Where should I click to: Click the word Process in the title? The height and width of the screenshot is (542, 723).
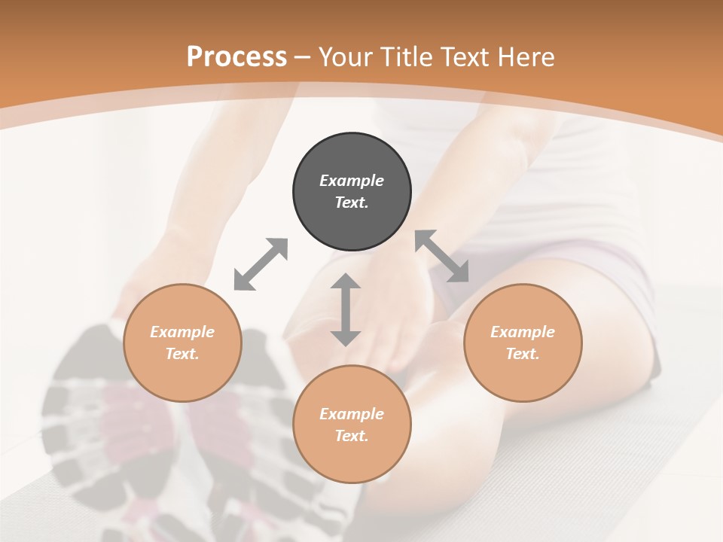236,57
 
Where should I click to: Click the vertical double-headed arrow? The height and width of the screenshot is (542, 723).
346,309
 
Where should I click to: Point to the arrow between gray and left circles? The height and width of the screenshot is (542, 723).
261,264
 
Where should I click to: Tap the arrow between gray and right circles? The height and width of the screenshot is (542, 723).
442,256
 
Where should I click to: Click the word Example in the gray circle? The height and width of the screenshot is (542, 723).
352,181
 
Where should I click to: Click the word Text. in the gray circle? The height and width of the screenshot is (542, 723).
352,202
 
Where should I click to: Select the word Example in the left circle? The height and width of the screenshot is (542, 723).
182,332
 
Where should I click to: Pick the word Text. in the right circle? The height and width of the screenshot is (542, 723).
523,354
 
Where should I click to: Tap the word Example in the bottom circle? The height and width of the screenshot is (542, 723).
352,414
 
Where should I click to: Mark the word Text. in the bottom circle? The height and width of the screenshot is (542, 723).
352,436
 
